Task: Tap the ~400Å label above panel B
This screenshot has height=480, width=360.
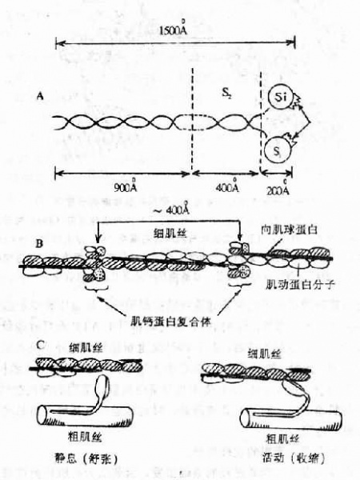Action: tap(170, 210)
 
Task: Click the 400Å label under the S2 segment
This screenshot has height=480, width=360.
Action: tap(227, 188)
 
